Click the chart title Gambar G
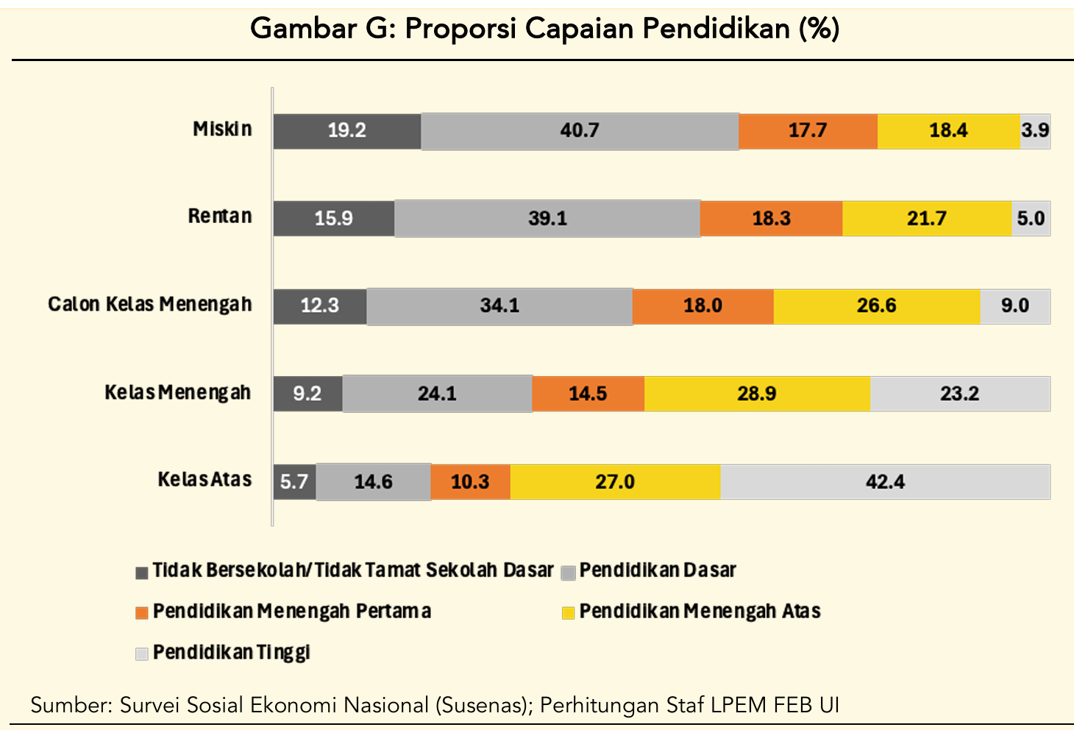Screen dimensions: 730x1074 pyautogui.click(x=544, y=29)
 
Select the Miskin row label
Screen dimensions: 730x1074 pyautogui.click(x=222, y=130)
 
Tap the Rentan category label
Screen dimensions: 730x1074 pyautogui.click(x=220, y=216)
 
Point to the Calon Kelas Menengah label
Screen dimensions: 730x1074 pyautogui.click(x=150, y=305)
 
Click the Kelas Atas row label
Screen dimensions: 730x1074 pyautogui.click(x=205, y=480)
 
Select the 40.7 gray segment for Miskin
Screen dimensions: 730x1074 pyautogui.click(x=580, y=131)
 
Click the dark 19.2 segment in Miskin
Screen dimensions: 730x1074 pyautogui.click(x=346, y=131)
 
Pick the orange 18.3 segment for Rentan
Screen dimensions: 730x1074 pyautogui.click(x=771, y=219)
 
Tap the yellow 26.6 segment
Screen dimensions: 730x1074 pyautogui.click(x=876, y=306)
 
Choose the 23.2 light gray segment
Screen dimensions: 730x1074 pyautogui.click(x=959, y=394)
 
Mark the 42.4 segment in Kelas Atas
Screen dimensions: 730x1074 pyautogui.click(x=885, y=482)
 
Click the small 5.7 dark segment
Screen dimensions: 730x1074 pyautogui.click(x=294, y=482)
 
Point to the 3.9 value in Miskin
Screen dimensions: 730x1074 pyautogui.click(x=1035, y=131)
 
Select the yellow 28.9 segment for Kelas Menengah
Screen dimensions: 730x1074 pyautogui.click(x=757, y=394)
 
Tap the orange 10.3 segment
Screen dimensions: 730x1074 pyautogui.click(x=470, y=482)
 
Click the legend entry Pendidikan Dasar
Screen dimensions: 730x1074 pyautogui.click(x=658, y=570)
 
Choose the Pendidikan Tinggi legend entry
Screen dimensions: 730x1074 pyautogui.click(x=231, y=653)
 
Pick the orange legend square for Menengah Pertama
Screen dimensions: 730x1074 pyautogui.click(x=142, y=612)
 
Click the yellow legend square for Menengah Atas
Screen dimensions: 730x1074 pyautogui.click(x=568, y=612)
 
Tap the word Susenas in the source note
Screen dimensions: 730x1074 pyautogui.click(x=483, y=705)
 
